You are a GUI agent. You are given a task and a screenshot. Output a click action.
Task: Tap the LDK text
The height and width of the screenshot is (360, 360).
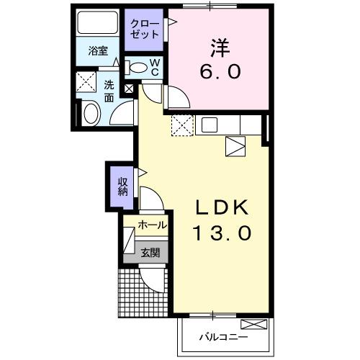(222, 207)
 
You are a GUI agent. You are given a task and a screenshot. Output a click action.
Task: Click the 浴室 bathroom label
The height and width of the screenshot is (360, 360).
(98, 51)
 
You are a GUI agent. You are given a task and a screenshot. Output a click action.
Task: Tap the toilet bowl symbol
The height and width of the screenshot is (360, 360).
(138, 68)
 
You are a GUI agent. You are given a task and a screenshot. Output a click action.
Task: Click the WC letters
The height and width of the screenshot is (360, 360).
(155, 68)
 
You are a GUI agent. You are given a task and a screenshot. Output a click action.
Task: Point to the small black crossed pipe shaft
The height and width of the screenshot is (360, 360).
(130, 89)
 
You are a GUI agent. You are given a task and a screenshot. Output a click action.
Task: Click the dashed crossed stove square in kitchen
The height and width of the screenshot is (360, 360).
(183, 126)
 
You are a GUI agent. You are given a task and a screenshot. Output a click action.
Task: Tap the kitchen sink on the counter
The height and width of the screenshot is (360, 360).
(210, 125)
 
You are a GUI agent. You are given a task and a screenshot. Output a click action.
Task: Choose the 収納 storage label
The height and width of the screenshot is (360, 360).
(123, 184)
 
